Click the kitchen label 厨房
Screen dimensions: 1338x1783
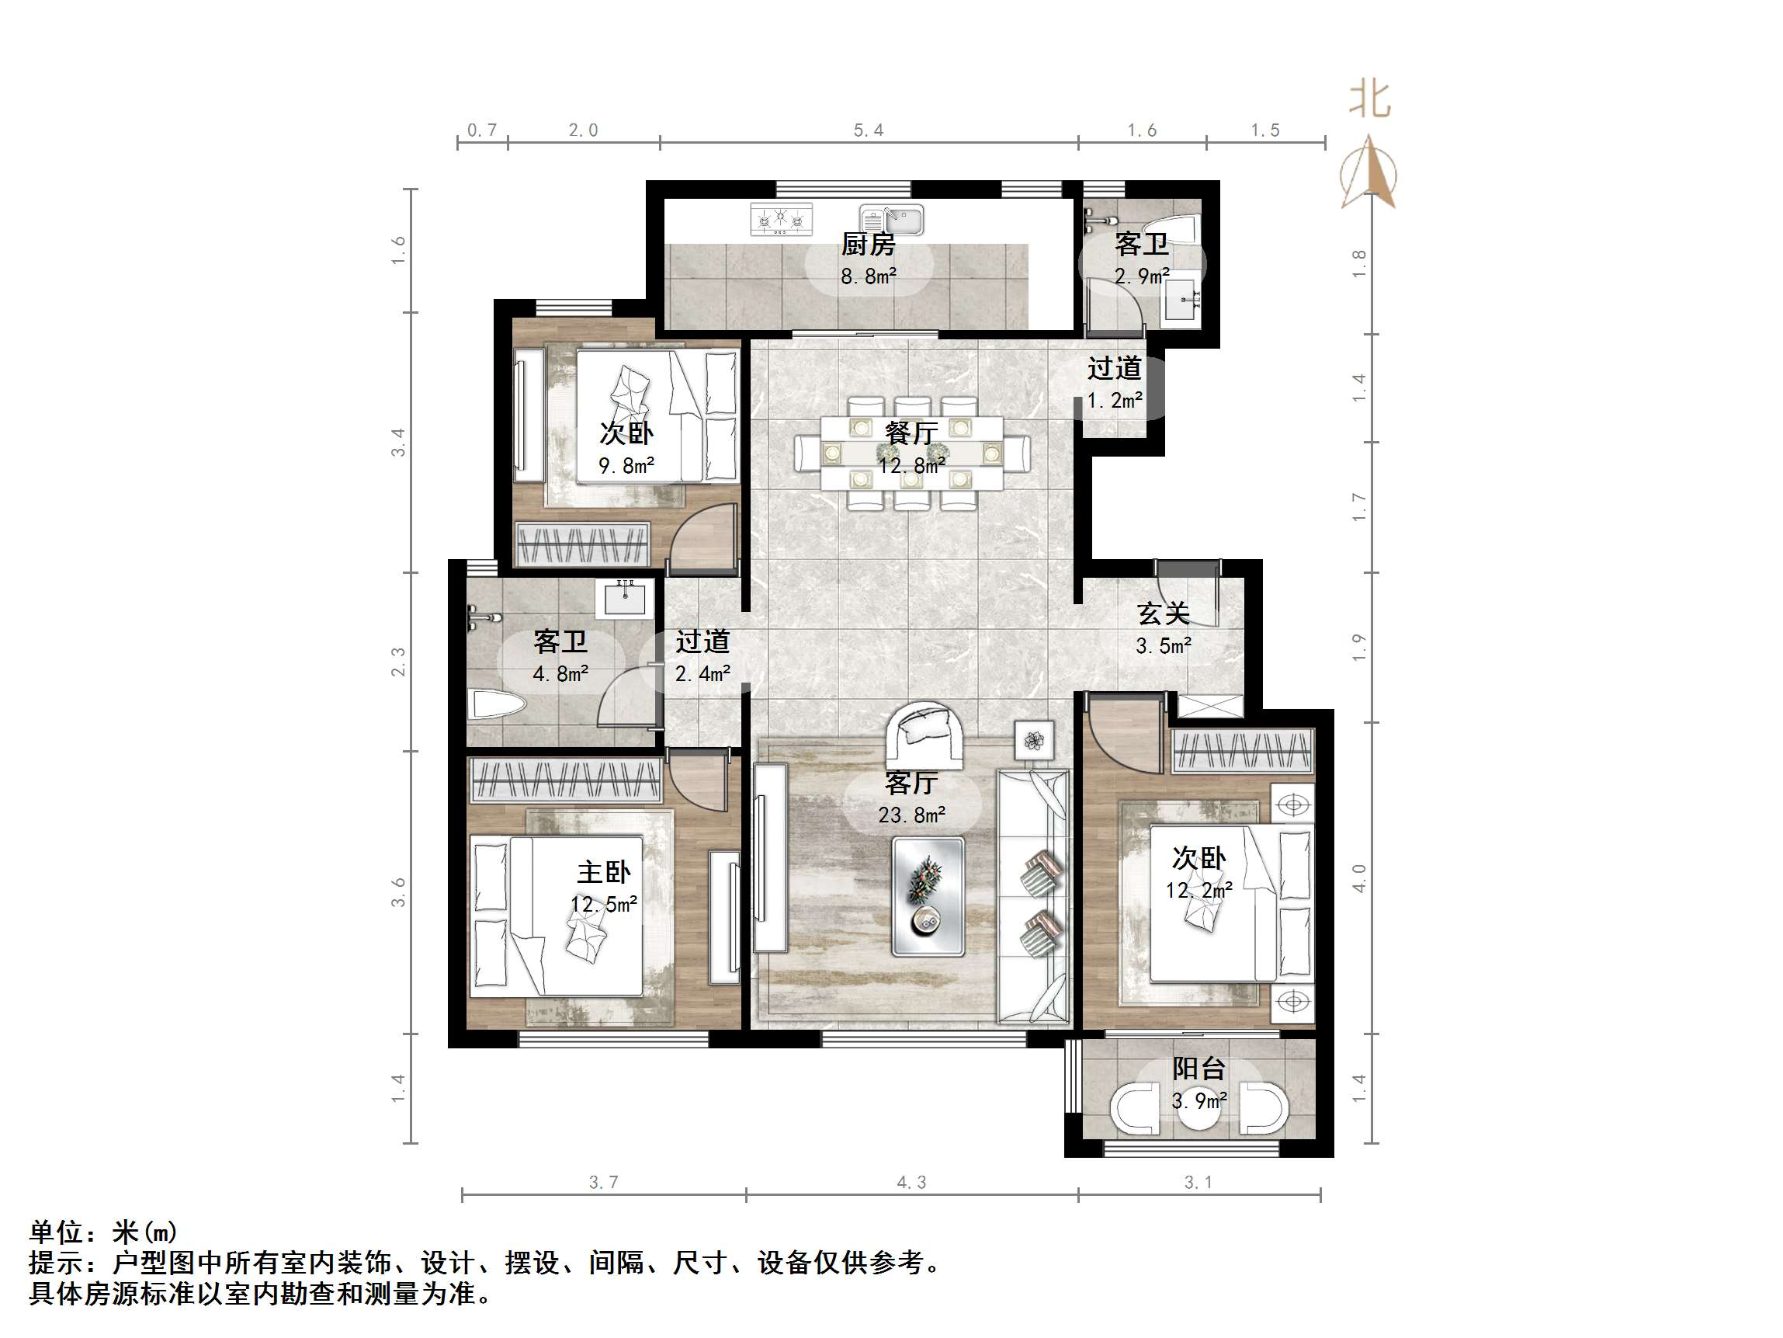[868, 244]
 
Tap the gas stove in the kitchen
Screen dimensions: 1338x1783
[780, 218]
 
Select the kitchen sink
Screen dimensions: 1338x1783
[891, 218]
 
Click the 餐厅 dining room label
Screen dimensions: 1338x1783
[911, 433]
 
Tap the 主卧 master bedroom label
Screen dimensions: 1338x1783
[604, 872]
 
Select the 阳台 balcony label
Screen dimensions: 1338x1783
[1198, 1069]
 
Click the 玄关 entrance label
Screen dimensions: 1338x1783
[1163, 613]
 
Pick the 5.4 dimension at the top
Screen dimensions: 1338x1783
[868, 130]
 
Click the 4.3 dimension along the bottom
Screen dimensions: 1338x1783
[911, 1183]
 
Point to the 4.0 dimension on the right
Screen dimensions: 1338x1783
[1359, 878]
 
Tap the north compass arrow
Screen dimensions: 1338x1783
[1369, 173]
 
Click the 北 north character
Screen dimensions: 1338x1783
[1369, 100]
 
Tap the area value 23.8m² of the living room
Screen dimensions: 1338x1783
[911, 815]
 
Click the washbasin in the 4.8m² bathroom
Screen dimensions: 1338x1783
[625, 598]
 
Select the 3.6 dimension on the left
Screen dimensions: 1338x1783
[398, 892]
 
